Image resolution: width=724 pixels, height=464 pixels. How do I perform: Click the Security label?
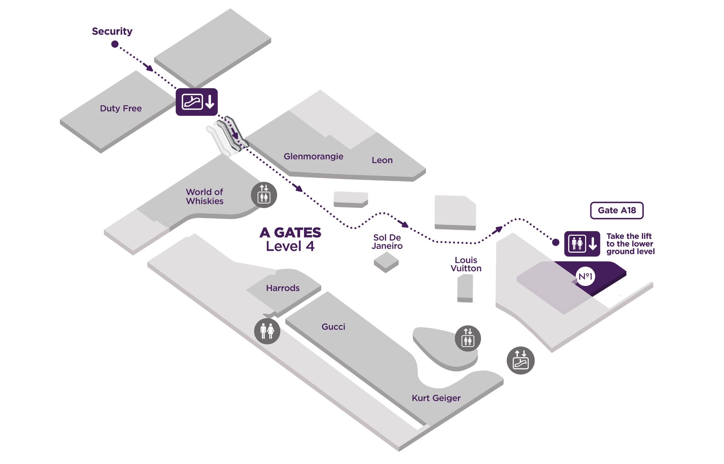tap(112, 31)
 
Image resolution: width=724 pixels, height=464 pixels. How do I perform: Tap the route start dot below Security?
tap(115, 44)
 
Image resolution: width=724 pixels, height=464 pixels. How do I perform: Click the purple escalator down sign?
tap(196, 102)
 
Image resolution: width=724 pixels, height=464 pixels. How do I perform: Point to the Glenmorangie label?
tap(313, 156)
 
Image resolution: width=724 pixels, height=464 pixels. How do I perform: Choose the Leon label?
tap(382, 160)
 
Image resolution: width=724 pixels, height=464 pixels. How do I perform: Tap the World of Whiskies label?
tap(204, 196)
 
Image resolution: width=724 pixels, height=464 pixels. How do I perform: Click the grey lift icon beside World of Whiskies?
tap(264, 195)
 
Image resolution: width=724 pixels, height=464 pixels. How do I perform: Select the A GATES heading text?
tap(290, 233)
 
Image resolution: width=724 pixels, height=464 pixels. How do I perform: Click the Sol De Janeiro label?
tap(387, 242)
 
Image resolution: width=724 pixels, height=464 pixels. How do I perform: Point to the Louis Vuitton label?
tap(466, 264)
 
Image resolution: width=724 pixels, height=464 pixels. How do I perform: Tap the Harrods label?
tap(283, 288)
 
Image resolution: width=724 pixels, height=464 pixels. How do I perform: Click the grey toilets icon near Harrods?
tap(267, 331)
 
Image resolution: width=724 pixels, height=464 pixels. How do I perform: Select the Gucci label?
tap(333, 327)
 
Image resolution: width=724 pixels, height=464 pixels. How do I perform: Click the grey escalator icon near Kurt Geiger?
tap(520, 360)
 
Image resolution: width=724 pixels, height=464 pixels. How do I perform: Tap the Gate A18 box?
tap(617, 210)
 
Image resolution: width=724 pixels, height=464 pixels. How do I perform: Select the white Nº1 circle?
tap(585, 276)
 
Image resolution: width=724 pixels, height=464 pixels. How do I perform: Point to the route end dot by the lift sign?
tap(555, 242)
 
